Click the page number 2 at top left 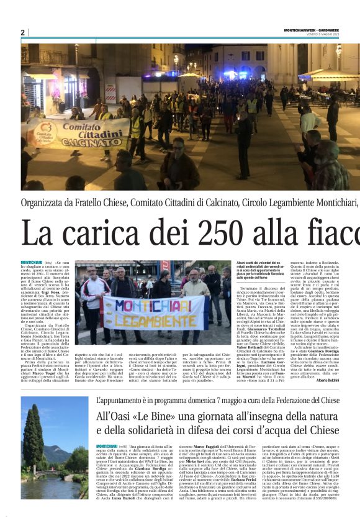(x=23, y=32)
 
